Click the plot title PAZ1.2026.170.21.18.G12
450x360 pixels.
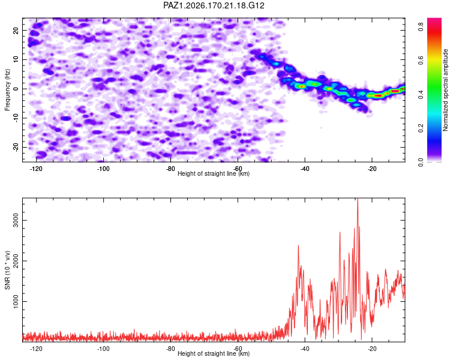pyautogui.click(x=214, y=5)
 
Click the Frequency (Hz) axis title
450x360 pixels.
pyautogui.click(x=7, y=90)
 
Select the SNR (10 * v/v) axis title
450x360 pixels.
pyautogui.click(x=7, y=270)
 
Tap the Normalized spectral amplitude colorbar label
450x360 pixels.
pyautogui.click(x=445, y=90)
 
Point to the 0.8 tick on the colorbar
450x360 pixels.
pyautogui.click(x=421, y=26)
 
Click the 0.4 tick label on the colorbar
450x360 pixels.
pyautogui.click(x=421, y=94)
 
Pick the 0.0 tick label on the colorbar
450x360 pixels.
pyautogui.click(x=421, y=162)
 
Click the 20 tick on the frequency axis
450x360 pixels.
pyautogui.click(x=16, y=30)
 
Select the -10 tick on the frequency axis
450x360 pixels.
pyautogui.click(x=16, y=118)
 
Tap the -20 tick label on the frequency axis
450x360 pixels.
pyautogui.click(x=16, y=147)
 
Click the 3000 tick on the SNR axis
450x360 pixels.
pyautogui.click(x=16, y=220)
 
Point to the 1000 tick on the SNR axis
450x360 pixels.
pyautogui.click(x=16, y=301)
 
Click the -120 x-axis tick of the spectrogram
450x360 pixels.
pyautogui.click(x=36, y=169)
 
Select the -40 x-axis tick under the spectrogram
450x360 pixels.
pyautogui.click(x=305, y=169)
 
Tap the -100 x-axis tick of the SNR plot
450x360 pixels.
pyautogui.click(x=103, y=349)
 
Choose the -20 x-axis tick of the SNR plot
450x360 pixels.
pyautogui.click(x=372, y=349)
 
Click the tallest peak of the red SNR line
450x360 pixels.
pyautogui.click(x=358, y=199)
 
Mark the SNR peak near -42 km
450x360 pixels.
pyautogui.click(x=298, y=245)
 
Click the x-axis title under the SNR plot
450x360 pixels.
pyautogui.click(x=214, y=353)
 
